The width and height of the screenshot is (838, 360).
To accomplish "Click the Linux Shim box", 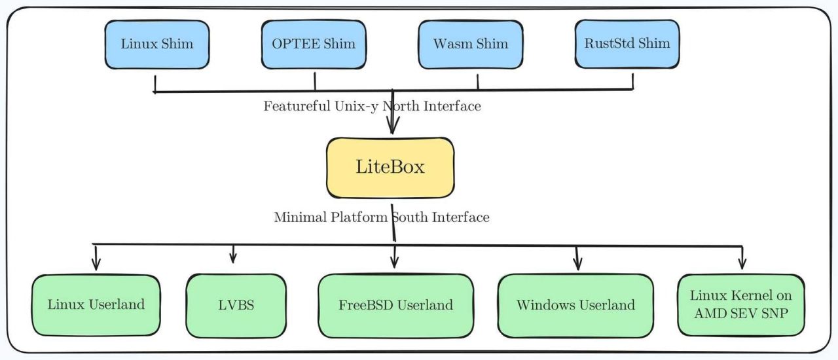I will coord(157,44).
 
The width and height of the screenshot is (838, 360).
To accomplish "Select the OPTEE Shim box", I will coord(314,44).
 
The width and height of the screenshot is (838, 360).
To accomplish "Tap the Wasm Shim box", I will coord(470,44).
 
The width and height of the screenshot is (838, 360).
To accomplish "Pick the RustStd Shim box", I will coord(627,44).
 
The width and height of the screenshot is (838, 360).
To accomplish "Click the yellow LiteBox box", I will coord(390,167).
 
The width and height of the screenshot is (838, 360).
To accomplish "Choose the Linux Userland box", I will coord(96,304).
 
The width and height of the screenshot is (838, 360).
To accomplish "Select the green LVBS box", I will coord(236,306).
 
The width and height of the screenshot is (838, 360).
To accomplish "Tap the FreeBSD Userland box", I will coord(395,305).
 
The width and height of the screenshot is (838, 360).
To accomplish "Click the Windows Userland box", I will coord(575,305).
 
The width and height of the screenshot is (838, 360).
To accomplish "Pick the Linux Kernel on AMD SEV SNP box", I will coord(742,304).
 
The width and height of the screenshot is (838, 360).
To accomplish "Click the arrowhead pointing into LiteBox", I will coord(392,128).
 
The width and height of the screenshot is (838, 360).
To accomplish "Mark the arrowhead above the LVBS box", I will coord(233,258).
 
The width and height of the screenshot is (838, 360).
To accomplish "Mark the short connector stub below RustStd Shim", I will coord(633,81).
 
